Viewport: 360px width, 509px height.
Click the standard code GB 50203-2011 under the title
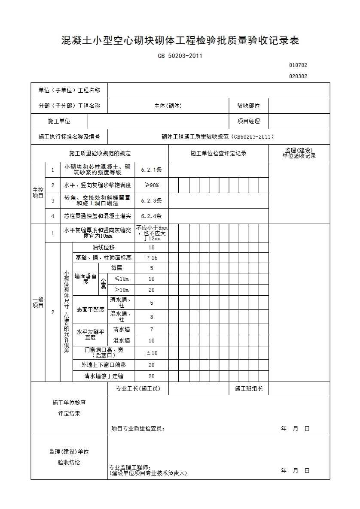tap(180, 55)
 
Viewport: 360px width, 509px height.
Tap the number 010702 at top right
tap(298, 65)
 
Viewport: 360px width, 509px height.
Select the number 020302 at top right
tap(298, 76)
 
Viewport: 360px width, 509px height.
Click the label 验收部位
tap(248, 106)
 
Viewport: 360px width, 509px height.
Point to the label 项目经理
tap(248, 121)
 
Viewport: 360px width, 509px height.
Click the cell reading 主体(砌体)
tap(168, 106)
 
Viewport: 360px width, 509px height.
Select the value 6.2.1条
tap(151, 170)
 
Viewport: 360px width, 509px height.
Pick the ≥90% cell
tap(151, 185)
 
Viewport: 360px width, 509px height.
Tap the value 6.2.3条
tap(151, 200)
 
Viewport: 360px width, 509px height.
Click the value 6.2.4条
tap(151, 216)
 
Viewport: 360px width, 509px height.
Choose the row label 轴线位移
tap(104, 247)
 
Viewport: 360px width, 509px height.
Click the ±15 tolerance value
tap(152, 258)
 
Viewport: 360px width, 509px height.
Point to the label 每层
tap(116, 268)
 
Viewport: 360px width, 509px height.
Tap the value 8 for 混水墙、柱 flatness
tap(152, 317)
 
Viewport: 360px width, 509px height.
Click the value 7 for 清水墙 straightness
tap(152, 329)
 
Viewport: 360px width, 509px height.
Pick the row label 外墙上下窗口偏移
tap(104, 365)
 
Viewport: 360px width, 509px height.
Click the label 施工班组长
tap(248, 388)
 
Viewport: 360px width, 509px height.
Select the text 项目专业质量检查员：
tap(137, 428)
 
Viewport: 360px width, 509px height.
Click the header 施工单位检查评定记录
tap(218, 153)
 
